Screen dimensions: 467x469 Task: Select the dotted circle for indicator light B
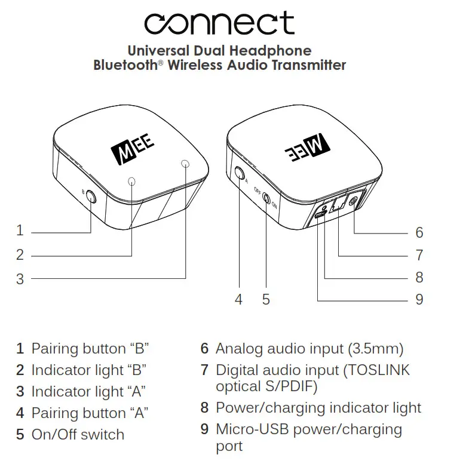pos(132,181)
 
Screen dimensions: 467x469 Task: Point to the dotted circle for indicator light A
pos(185,164)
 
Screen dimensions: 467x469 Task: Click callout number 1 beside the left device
pos(20,231)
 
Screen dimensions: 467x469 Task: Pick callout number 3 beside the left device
pos(20,278)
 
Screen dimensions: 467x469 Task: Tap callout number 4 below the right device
pos(239,299)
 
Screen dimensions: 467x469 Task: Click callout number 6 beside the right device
pos(419,232)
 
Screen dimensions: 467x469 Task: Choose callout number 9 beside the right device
pos(419,299)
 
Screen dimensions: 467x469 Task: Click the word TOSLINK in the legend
pos(377,370)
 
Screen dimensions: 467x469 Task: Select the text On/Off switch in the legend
pos(78,434)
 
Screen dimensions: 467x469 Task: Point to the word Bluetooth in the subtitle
pos(124,65)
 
